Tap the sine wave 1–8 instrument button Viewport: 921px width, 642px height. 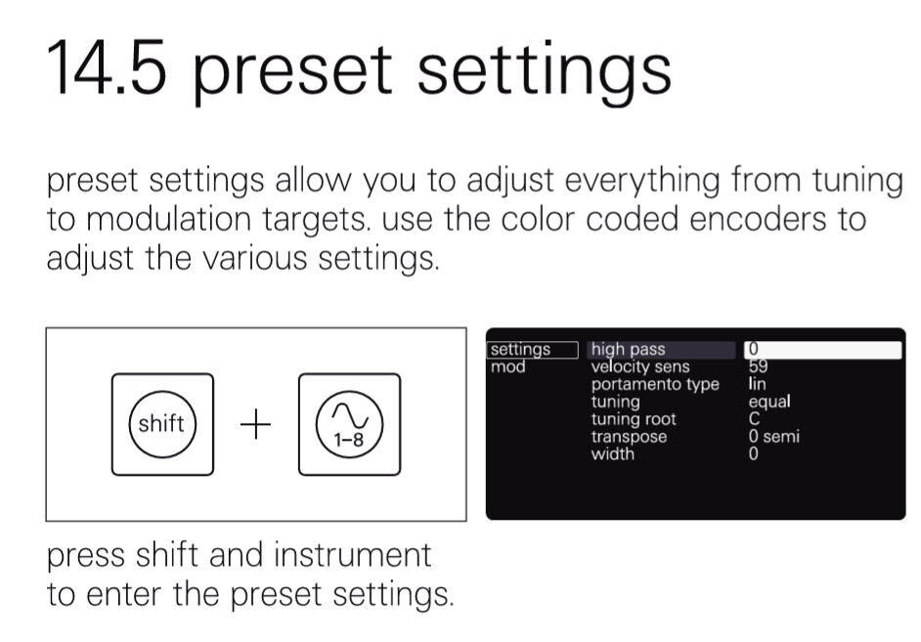349,424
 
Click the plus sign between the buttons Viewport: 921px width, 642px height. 255,424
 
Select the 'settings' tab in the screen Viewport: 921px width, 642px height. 532,349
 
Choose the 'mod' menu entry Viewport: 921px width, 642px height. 508,366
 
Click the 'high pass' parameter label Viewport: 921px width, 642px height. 628,349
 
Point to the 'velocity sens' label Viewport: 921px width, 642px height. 640,366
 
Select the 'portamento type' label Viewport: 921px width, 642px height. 655,384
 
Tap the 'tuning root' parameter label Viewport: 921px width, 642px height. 634,419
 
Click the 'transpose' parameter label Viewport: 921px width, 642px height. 629,437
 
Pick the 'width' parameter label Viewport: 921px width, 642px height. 613,453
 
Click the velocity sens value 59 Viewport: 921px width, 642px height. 759,366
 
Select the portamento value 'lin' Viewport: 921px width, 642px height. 757,384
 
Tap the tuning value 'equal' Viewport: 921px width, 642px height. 769,402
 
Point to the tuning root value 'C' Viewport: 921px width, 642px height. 754,419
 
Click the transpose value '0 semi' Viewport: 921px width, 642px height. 773,436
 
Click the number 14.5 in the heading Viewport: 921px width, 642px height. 107,67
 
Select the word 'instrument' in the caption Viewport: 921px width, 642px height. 352,555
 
